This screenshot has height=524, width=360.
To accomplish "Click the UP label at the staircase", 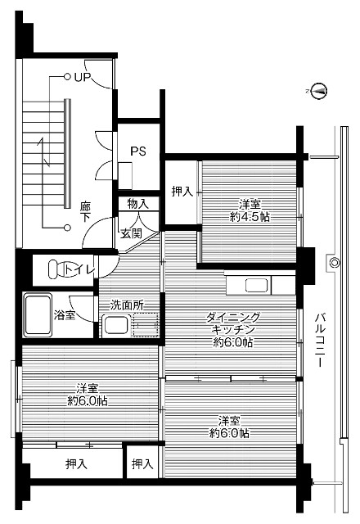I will (81, 78).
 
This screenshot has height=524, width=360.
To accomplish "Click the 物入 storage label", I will (137, 203).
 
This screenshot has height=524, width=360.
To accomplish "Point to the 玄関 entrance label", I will (132, 233).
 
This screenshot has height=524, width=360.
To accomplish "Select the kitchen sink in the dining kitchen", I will (255, 286).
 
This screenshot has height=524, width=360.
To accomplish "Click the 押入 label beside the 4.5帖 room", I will (182, 192).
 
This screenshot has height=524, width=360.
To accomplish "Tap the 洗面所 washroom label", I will (128, 305).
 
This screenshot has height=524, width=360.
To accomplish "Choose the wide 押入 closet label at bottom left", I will (77, 464).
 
